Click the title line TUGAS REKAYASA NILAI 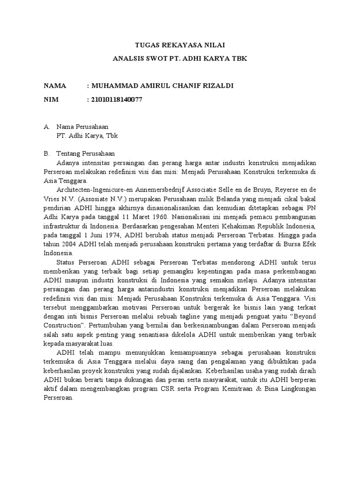point(180,45)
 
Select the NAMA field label point(56,86)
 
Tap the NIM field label point(52,99)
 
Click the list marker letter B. point(46,154)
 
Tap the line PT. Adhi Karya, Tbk point(87,136)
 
